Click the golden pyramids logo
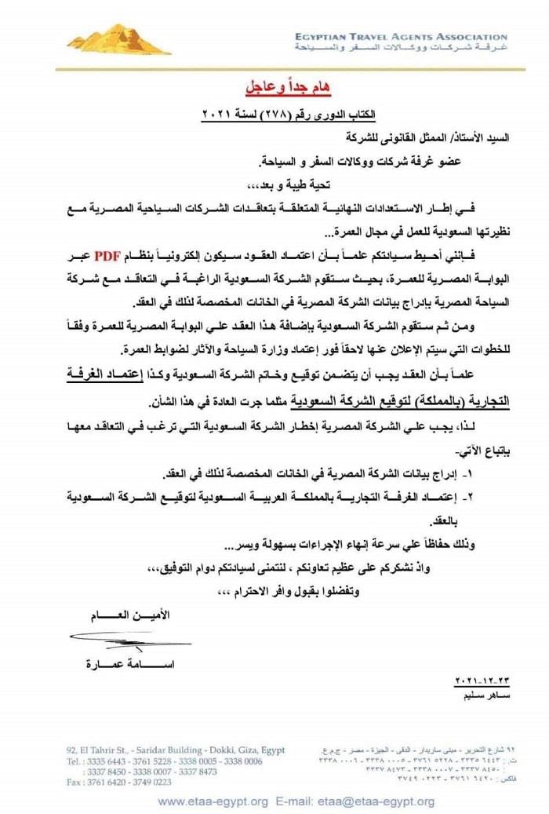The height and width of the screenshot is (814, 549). pyautogui.click(x=118, y=38)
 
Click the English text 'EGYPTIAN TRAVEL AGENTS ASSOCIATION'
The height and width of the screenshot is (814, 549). pyautogui.click(x=401, y=37)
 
